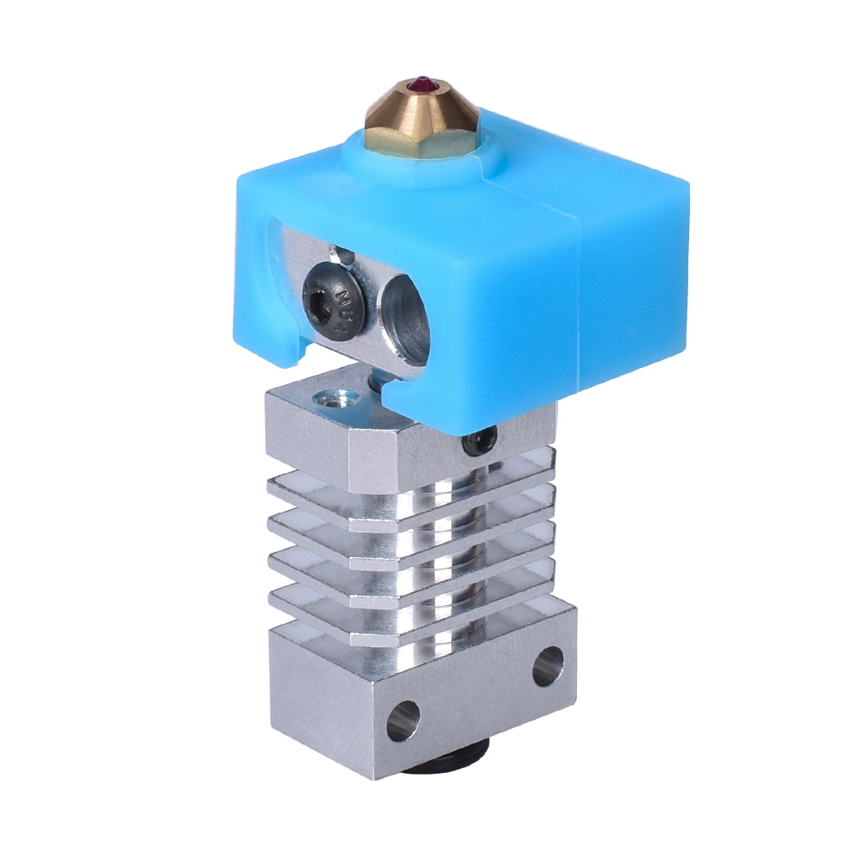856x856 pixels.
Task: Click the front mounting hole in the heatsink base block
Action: tap(402, 720)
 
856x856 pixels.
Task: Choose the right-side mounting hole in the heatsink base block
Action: tap(548, 665)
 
